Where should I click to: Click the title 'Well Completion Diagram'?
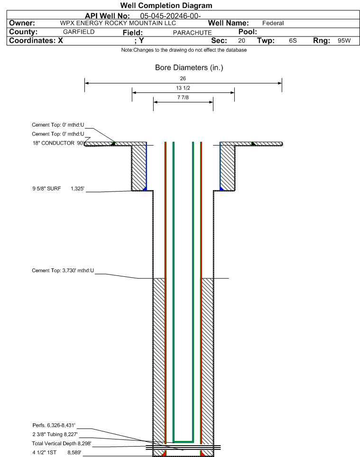[166, 6]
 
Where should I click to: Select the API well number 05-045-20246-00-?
[171, 16]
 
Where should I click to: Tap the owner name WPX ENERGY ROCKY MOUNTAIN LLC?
[118, 23]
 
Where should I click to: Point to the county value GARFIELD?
[79, 32]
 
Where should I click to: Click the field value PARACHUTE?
[193, 33]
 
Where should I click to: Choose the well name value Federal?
[273, 23]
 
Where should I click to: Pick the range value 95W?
[344, 40]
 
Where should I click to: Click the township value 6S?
[293, 40]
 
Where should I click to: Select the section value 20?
[241, 40]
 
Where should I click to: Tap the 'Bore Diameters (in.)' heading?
[189, 68]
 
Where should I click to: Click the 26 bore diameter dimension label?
[183, 78]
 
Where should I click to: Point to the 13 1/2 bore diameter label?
[183, 88]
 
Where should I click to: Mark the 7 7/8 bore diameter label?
[183, 97]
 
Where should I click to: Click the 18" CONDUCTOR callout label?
[54, 143]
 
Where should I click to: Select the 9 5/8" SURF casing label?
[46, 189]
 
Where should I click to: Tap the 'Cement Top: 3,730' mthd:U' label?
[63, 271]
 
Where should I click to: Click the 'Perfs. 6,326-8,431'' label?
[54, 425]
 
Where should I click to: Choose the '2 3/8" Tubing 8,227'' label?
[55, 434]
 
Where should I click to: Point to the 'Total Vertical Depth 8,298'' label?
[62, 443]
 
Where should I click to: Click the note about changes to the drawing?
[184, 50]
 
